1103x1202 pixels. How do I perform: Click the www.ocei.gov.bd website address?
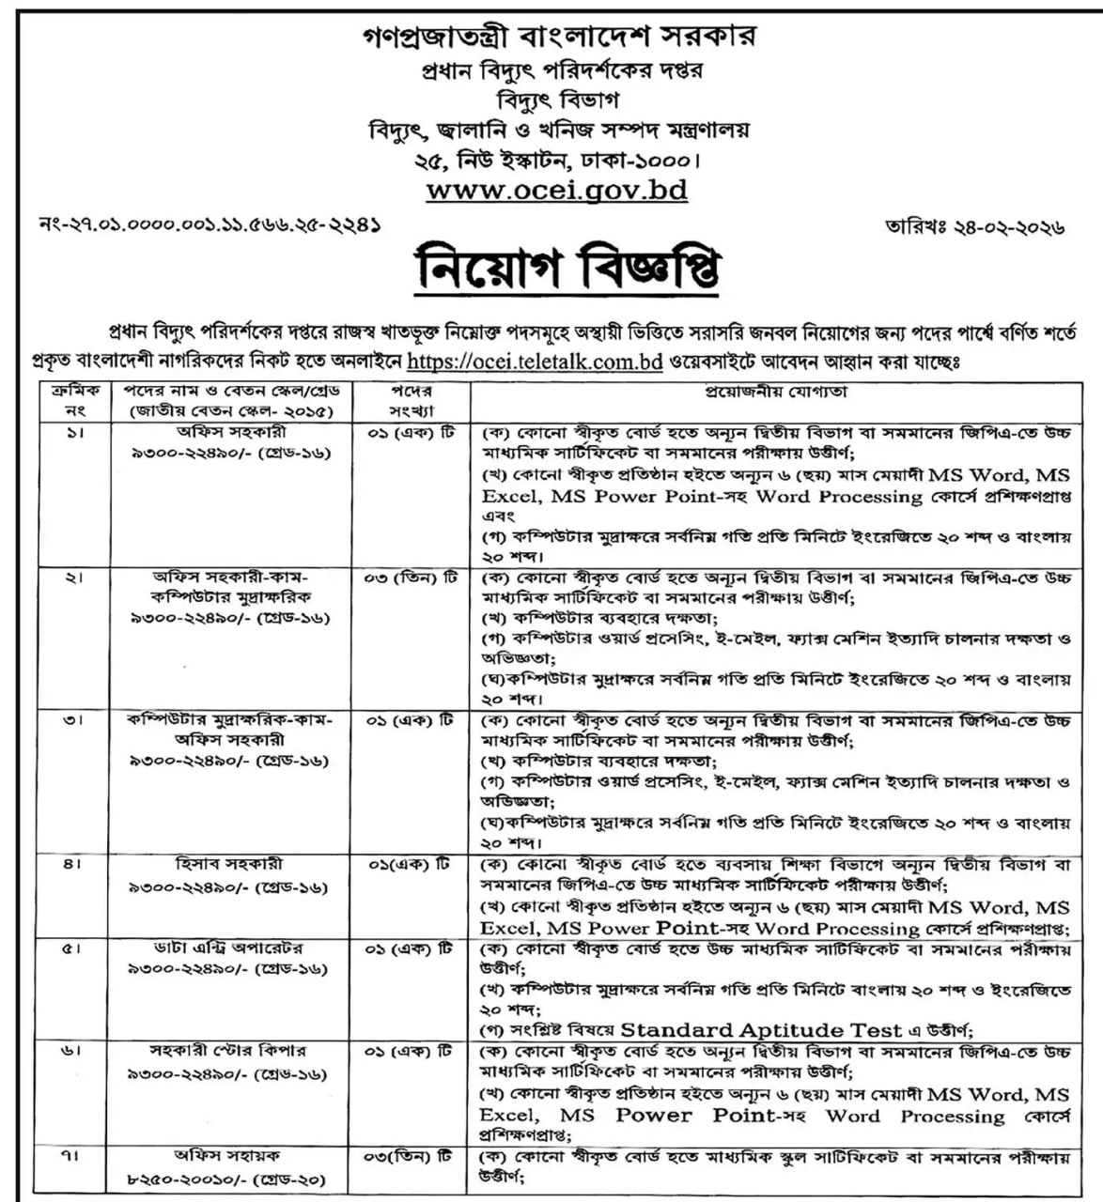(556, 190)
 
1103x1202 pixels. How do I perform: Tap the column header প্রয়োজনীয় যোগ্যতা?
(771, 392)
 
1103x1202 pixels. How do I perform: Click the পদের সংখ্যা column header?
(410, 401)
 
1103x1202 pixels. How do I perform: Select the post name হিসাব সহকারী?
(229, 863)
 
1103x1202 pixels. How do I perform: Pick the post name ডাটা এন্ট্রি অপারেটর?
(229, 948)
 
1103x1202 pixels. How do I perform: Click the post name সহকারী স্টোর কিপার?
(229, 1051)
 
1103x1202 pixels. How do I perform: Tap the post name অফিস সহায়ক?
(229, 1155)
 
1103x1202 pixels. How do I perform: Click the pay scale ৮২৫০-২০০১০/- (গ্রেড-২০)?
(229, 1178)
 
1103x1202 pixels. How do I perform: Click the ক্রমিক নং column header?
(73, 401)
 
